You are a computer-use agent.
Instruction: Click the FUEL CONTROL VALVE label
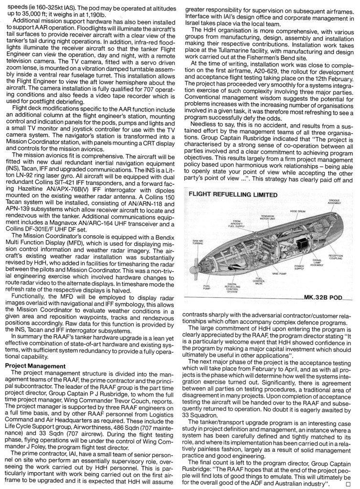[259, 281]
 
